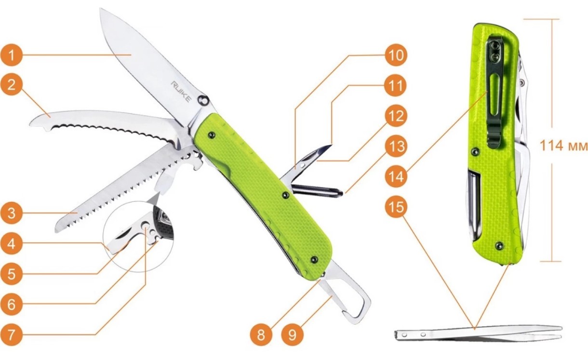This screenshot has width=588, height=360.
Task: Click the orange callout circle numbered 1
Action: click(x=11, y=55)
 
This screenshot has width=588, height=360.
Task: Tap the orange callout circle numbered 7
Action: click(x=11, y=335)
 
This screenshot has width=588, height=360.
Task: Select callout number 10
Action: click(x=396, y=55)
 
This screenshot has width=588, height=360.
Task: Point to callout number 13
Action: click(x=396, y=146)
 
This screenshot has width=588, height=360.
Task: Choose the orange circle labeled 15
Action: click(x=396, y=207)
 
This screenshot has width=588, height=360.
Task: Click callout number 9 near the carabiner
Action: click(x=292, y=335)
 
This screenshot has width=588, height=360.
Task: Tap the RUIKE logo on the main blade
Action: click(x=181, y=92)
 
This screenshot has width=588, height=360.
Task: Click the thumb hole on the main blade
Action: click(x=203, y=100)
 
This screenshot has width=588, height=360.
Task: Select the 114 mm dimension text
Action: click(x=563, y=146)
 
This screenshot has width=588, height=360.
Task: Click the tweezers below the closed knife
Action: click(x=478, y=333)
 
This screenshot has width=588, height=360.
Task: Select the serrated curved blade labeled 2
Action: click(x=105, y=124)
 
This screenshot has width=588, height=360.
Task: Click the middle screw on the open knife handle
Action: click(x=286, y=195)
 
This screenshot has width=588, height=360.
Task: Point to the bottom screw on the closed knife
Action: click(x=499, y=246)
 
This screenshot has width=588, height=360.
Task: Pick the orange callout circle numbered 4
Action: click(x=11, y=244)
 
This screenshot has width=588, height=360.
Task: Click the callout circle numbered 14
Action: click(x=396, y=176)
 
